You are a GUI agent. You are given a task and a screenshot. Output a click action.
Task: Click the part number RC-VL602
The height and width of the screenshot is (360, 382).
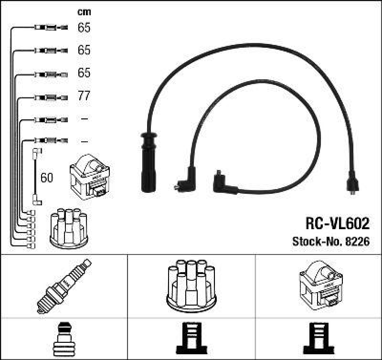[x=337, y=223]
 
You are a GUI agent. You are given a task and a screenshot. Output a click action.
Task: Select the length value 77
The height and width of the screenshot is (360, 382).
[x=84, y=96]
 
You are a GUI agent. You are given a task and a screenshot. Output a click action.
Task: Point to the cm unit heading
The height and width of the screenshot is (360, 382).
[x=84, y=12]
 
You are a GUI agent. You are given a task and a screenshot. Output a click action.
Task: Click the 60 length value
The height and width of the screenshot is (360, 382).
[x=47, y=178]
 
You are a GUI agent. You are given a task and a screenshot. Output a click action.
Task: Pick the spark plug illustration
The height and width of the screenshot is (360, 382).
[x=64, y=285]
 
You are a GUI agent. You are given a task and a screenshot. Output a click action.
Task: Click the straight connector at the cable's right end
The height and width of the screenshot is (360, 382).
[x=352, y=183]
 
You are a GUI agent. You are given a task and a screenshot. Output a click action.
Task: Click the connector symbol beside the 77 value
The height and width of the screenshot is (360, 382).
[x=49, y=97]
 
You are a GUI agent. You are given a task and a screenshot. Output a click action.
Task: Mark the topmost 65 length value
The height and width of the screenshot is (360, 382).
[x=84, y=28]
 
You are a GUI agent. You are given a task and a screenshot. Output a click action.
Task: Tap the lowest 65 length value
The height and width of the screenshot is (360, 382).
[x=84, y=73]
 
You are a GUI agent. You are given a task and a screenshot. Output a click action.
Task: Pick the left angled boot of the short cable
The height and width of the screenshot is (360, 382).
[x=183, y=183]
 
